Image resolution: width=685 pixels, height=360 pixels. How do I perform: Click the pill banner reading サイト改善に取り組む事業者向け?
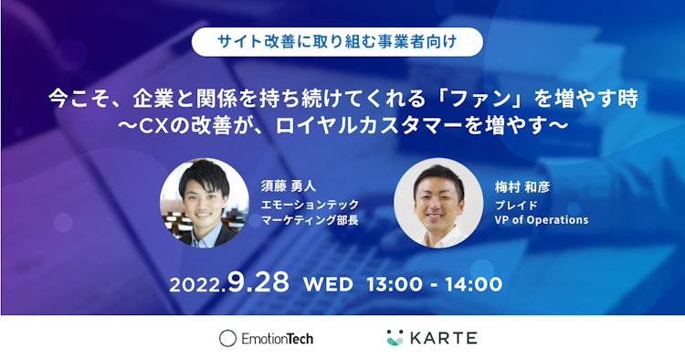pos(342,40)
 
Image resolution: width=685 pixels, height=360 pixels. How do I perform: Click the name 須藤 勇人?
pos(287,186)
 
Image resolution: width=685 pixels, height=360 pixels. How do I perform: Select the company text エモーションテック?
pos(310,204)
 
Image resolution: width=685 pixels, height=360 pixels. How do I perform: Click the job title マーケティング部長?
pos(310,220)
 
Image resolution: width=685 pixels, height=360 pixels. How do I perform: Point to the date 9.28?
pos(258,282)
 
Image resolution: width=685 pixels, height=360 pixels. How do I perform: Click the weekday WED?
pos(326,284)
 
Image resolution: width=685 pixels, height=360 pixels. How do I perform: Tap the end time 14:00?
pos(473,284)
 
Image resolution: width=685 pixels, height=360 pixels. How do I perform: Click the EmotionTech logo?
pos(267,338)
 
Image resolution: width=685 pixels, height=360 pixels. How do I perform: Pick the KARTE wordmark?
pos(443,338)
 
